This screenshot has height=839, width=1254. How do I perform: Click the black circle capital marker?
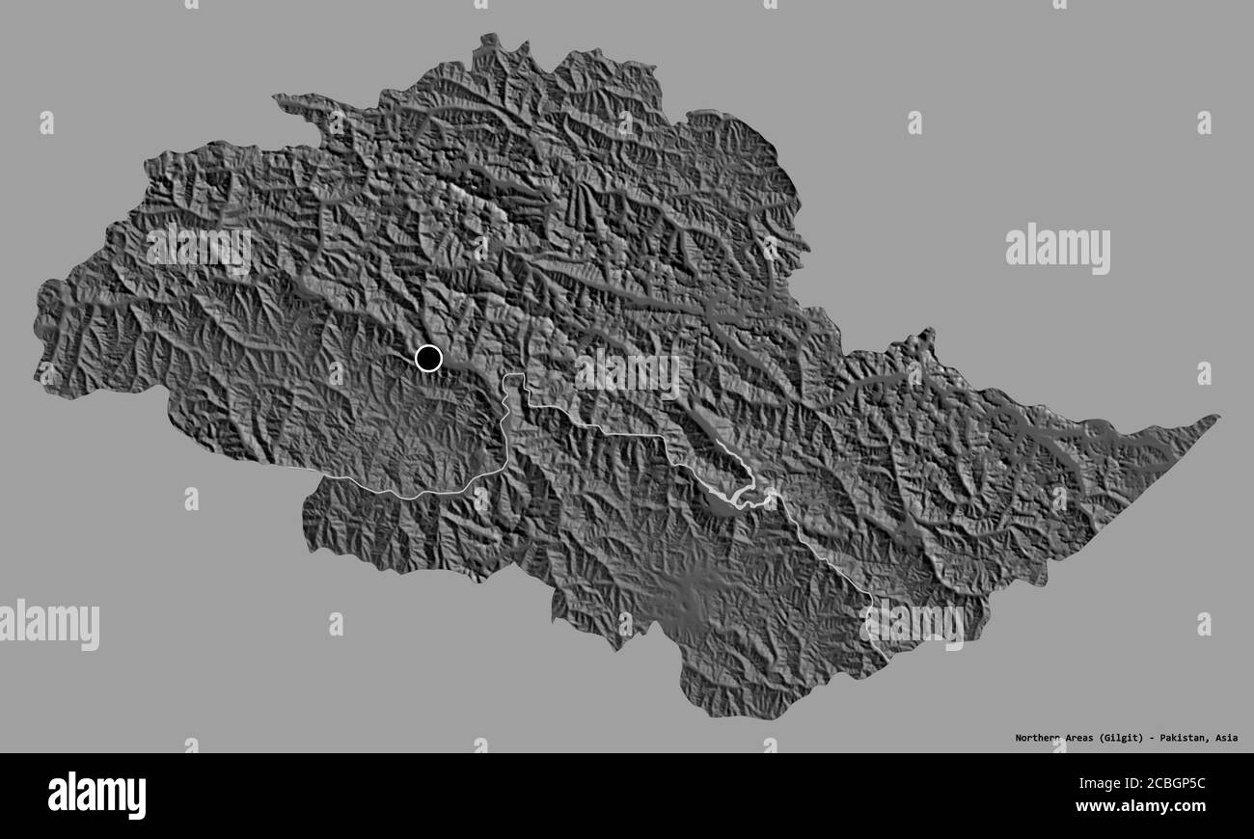(x=428, y=359)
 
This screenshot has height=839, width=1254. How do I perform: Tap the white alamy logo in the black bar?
(x=96, y=796)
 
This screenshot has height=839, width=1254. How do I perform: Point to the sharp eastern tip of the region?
(x=1215, y=418)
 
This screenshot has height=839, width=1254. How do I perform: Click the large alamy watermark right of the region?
(x=1057, y=249)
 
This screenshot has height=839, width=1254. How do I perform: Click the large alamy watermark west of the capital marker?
(x=199, y=247)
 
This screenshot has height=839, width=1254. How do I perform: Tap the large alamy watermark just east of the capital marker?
(x=627, y=371)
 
